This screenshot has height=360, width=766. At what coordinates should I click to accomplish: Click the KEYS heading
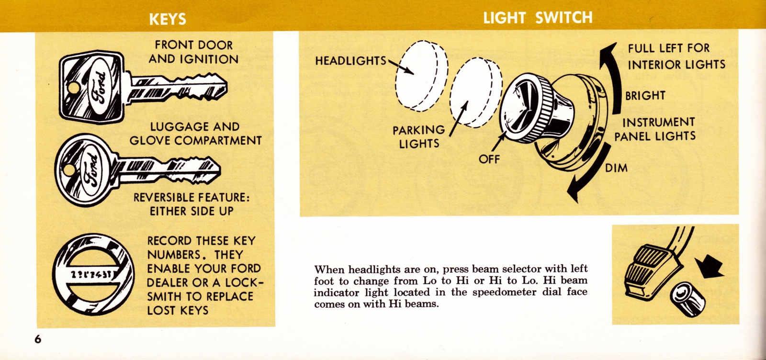click(167, 19)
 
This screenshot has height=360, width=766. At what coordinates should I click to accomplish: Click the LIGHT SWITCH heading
click(537, 18)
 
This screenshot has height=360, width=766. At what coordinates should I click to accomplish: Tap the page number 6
click(38, 339)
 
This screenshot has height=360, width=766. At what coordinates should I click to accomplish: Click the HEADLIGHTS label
click(350, 61)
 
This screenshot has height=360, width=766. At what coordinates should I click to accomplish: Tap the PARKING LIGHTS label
click(418, 137)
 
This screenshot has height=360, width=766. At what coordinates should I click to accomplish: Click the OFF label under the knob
click(489, 159)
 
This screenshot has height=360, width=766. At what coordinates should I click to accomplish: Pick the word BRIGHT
click(645, 96)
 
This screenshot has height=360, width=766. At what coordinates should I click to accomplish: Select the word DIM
click(616, 168)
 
